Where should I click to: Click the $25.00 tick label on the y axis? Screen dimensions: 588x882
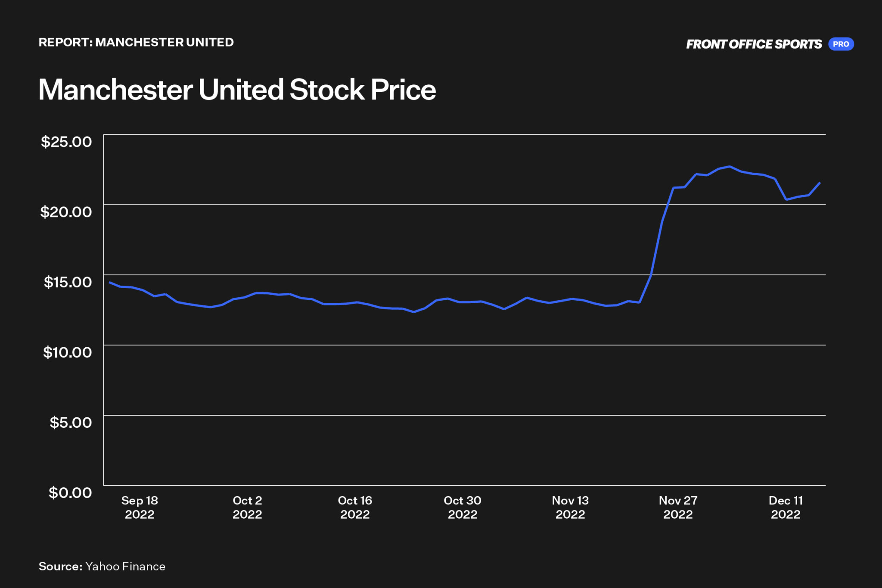click(66, 142)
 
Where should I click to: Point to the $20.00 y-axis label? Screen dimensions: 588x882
click(66, 212)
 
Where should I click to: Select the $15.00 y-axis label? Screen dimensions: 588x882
click(68, 282)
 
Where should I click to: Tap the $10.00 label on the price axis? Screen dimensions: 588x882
click(68, 352)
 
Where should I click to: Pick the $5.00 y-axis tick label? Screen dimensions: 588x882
click(71, 423)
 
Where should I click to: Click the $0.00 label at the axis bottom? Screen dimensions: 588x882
click(70, 492)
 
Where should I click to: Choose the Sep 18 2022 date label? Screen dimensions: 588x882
click(140, 507)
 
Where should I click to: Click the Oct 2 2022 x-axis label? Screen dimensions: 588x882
click(247, 507)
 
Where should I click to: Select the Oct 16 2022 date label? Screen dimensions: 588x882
click(355, 507)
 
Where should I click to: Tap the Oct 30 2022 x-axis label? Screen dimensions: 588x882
click(463, 507)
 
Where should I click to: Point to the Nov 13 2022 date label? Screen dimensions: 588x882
click(570, 507)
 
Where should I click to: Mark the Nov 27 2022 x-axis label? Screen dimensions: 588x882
click(678, 507)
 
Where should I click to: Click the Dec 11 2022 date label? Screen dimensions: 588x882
click(786, 507)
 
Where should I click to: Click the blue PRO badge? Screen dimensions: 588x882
click(841, 44)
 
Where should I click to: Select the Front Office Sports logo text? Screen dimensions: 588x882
click(754, 44)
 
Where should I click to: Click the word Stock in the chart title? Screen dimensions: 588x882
click(327, 90)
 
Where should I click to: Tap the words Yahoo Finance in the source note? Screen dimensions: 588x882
click(125, 566)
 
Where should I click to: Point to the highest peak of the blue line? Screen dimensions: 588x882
click(729, 166)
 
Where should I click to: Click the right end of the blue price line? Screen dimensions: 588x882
click(820, 183)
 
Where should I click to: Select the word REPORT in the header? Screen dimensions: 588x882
click(64, 42)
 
